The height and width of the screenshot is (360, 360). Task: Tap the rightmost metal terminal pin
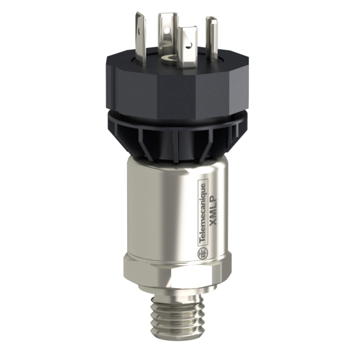pos(212,36)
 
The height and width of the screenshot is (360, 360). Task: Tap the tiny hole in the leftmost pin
pos(142,27)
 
